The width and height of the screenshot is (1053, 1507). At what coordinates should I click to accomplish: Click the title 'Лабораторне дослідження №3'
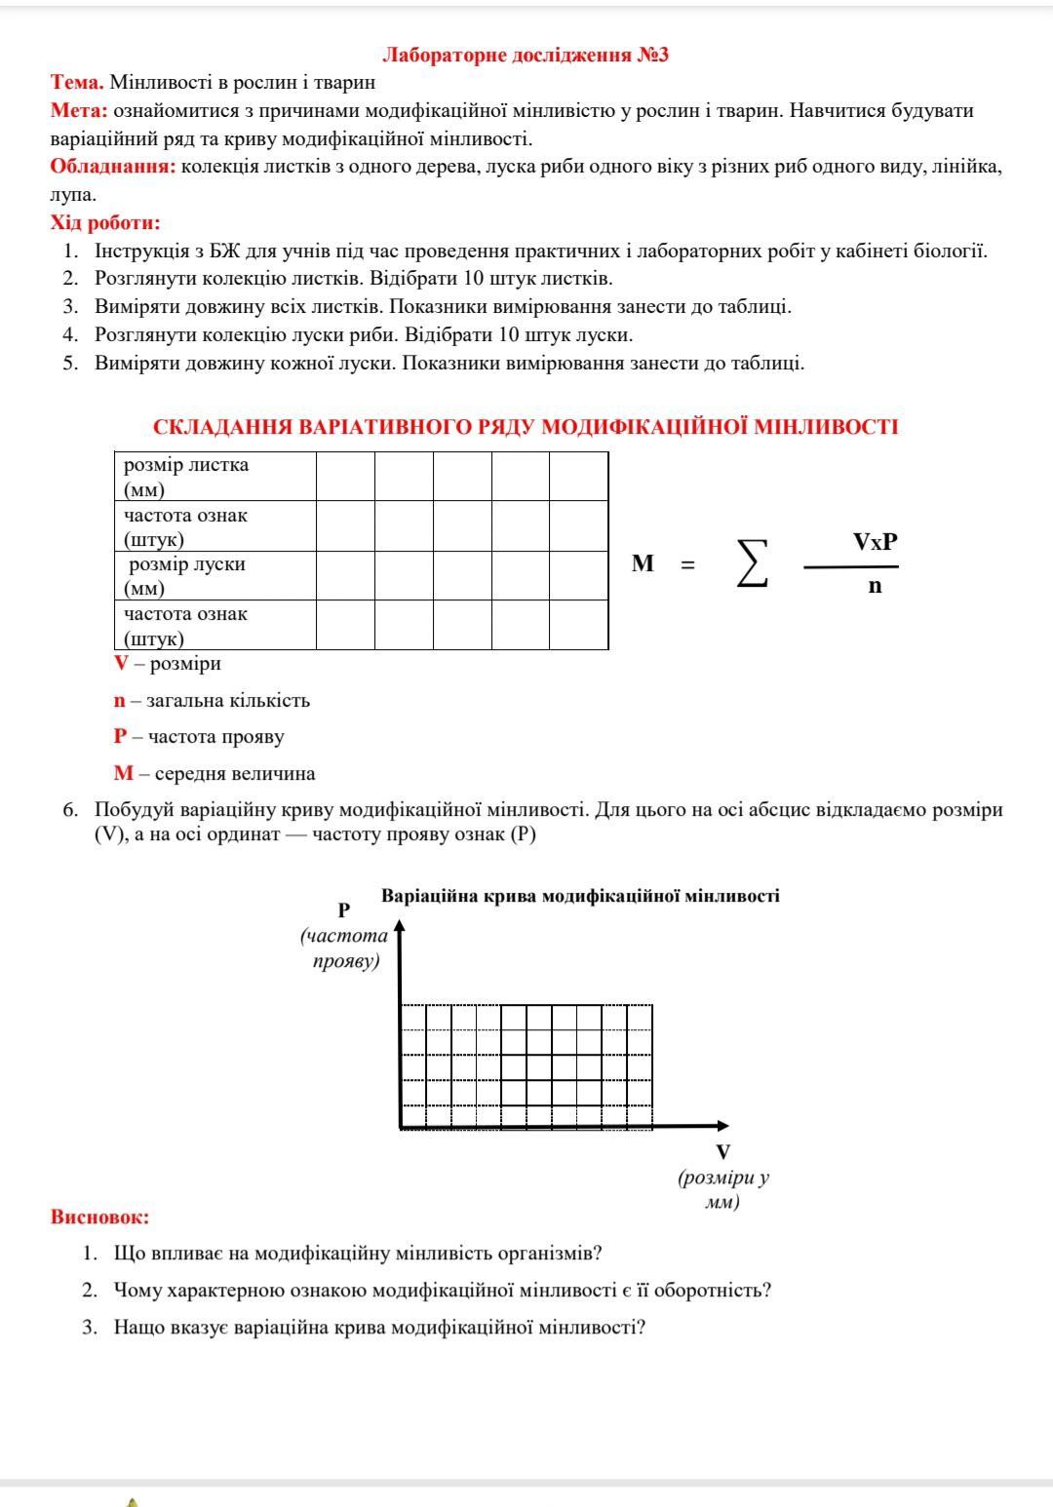[526, 55]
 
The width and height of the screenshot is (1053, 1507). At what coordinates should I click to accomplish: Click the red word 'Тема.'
[77, 83]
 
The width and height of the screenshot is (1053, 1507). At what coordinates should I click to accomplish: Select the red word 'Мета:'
[80, 111]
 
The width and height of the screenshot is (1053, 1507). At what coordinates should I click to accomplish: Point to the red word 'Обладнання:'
[113, 167]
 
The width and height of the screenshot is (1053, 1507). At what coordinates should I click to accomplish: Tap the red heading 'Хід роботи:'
[105, 223]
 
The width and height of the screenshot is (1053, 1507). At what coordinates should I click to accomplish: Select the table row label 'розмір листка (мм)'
[186, 477]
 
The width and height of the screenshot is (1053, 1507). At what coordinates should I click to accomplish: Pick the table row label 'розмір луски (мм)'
[186, 576]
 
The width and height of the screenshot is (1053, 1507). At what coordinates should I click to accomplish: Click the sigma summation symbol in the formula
[752, 563]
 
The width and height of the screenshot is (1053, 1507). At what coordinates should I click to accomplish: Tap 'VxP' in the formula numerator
[875, 542]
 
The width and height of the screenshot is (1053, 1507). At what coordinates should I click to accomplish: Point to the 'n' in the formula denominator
[875, 586]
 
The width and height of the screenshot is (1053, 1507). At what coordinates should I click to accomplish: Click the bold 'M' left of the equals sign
[643, 563]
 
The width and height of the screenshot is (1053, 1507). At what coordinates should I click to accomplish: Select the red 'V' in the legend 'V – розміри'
[121, 664]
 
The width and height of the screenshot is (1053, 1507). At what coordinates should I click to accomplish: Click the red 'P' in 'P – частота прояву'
[120, 737]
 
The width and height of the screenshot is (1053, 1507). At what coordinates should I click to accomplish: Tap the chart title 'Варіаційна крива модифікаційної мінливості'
[580, 896]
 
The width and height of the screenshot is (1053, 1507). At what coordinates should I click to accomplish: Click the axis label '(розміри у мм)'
[723, 1189]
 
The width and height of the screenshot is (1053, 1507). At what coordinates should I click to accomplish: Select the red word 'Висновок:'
[100, 1217]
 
